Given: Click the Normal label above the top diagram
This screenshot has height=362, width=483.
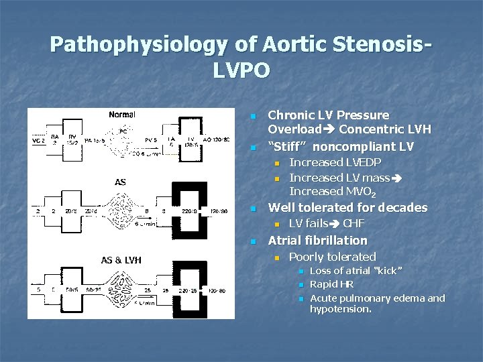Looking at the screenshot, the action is [122, 115].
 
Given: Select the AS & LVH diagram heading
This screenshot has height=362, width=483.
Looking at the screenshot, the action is [121, 260].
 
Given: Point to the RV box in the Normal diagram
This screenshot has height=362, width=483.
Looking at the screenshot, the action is [72, 139].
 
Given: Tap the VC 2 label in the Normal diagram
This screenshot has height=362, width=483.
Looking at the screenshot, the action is [38, 141].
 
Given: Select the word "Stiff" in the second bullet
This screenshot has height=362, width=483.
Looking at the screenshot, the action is [290, 146].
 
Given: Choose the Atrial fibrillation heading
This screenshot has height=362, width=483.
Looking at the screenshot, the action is [318, 240].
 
